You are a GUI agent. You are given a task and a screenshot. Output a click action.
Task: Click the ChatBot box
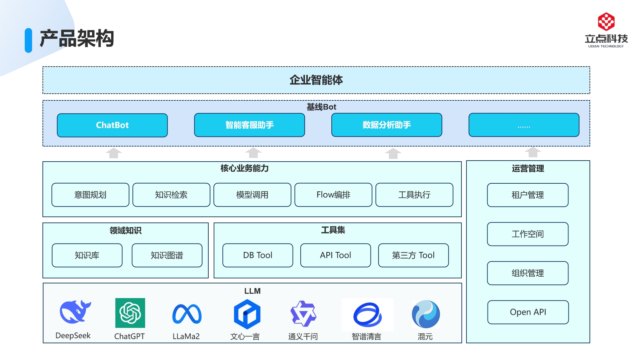[112, 125]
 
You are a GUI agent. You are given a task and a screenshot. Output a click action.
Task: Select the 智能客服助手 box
[249, 125]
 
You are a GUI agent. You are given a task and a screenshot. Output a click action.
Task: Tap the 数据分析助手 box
[387, 125]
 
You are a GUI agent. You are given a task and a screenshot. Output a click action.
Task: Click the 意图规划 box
[90, 195]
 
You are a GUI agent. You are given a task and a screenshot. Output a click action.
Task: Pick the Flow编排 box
[333, 195]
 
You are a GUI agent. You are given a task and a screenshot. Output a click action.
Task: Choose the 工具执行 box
[414, 195]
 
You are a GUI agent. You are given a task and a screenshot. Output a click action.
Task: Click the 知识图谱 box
[167, 255]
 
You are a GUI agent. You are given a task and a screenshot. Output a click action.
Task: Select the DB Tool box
[258, 255]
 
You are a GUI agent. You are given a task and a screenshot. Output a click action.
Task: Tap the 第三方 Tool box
[413, 255]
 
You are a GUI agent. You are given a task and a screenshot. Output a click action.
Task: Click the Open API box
[528, 312]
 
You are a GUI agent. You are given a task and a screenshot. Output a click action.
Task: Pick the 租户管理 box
[528, 195]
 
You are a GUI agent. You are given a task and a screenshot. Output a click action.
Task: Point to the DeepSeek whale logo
[75, 311]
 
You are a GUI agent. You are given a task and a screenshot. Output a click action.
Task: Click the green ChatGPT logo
[130, 313]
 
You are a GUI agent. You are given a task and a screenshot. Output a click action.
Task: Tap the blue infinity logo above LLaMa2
[187, 314]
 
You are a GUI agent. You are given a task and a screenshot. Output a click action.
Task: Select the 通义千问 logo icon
[303, 313]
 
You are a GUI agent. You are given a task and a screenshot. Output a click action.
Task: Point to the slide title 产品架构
[77, 38]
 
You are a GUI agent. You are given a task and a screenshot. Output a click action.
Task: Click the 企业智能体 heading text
[316, 80]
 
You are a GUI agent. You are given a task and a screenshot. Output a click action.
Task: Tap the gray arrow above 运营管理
[533, 152]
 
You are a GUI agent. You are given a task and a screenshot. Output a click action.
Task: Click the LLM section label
[252, 291]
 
